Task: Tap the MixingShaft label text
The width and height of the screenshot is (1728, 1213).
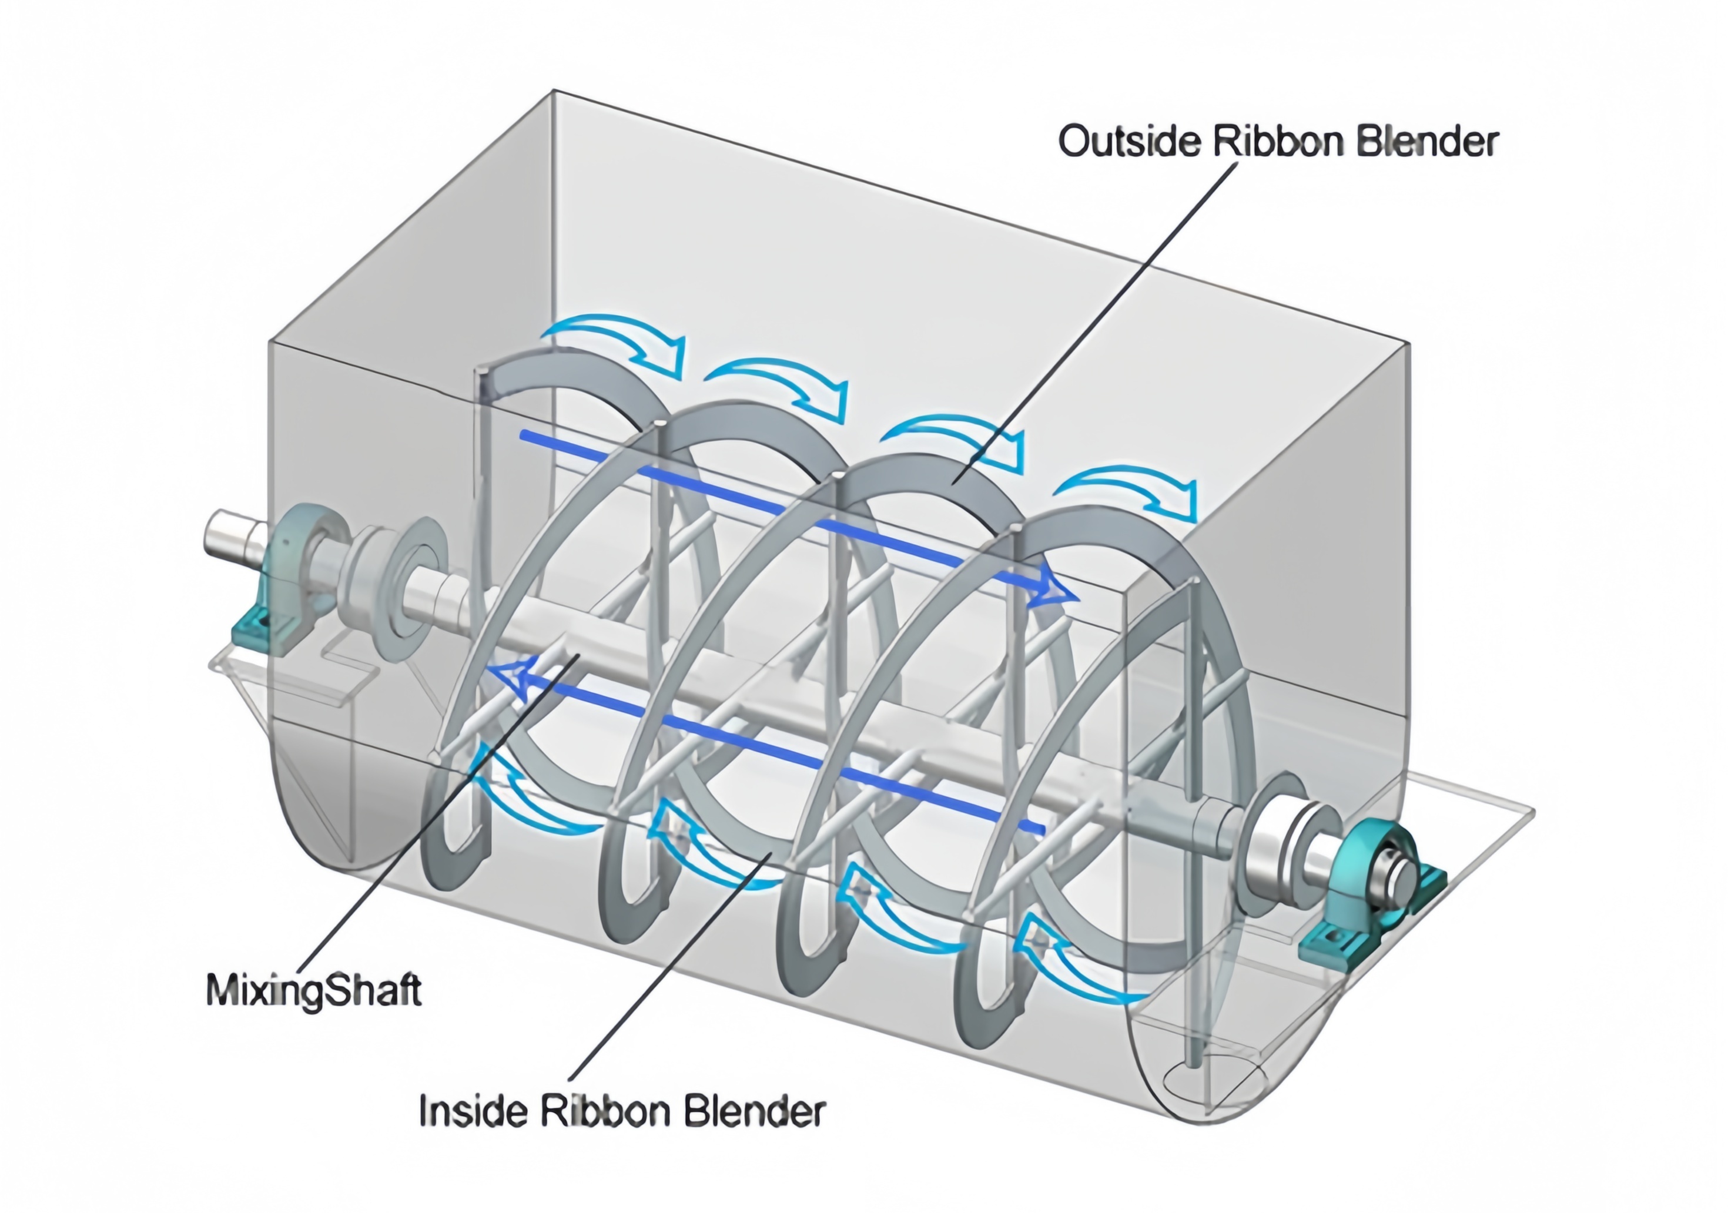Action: pos(313,990)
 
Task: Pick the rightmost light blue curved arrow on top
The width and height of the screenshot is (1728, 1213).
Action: pos(1129,489)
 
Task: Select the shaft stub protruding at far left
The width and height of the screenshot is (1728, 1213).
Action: pos(230,534)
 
